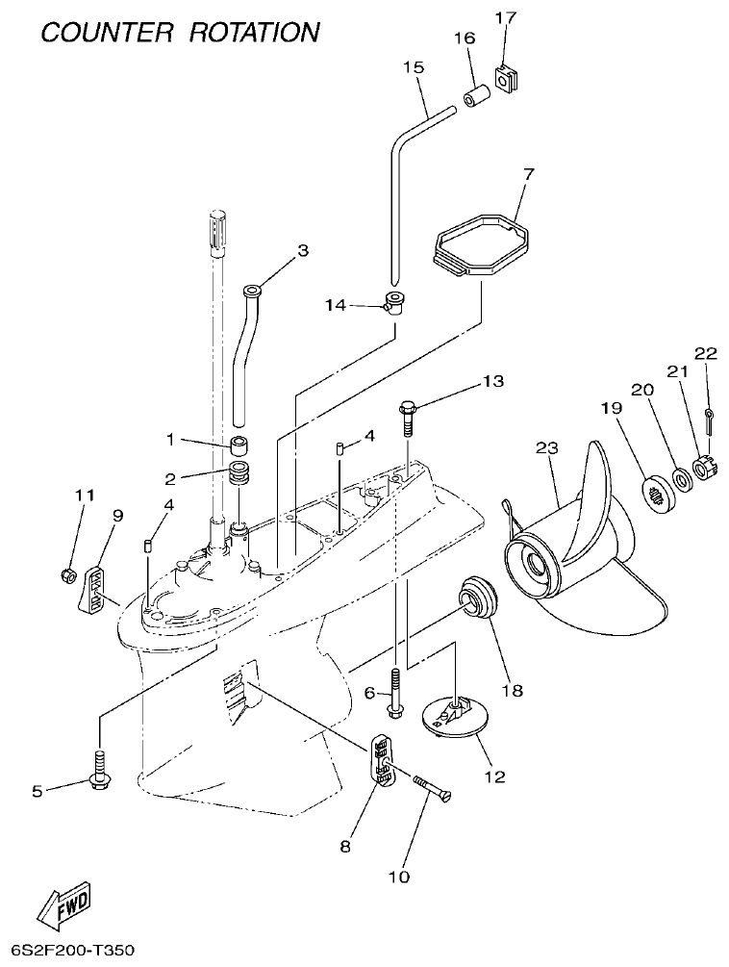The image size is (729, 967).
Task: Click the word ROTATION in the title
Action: pos(253,32)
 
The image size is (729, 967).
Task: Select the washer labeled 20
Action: pos(681,477)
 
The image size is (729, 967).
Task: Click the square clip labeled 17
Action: pos(503,75)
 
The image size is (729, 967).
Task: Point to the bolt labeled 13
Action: pos(407,420)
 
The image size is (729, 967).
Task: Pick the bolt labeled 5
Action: pos(99,769)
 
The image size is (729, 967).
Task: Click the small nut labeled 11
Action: pos(67,575)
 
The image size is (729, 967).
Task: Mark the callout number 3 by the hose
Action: pos(303,250)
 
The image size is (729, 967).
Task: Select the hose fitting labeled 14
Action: pos(394,302)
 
